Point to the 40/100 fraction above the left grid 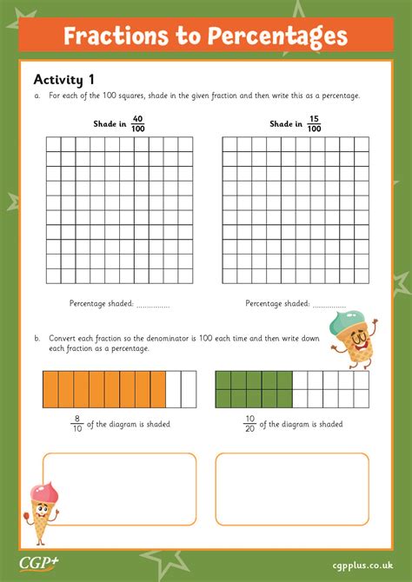click(137, 124)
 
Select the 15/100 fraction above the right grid click(313, 124)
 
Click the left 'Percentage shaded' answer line click(154, 305)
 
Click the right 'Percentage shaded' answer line click(329, 305)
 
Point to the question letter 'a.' click(37, 96)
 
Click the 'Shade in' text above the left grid click(110, 124)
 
